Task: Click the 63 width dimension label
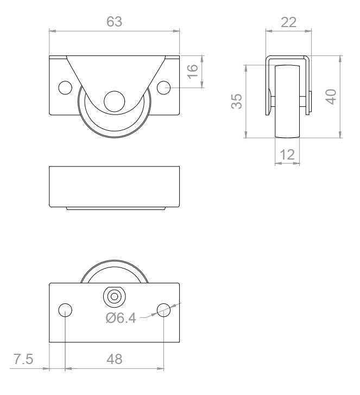coord(114,22)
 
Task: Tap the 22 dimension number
coord(288,22)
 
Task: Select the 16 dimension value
coord(193,72)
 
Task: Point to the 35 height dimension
coord(237,101)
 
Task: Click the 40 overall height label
coord(331,97)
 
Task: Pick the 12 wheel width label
coord(287,155)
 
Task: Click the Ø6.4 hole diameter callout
coord(121,318)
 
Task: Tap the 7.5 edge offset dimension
coord(23,359)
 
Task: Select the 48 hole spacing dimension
coord(115,359)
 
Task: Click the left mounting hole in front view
coord(65,88)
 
